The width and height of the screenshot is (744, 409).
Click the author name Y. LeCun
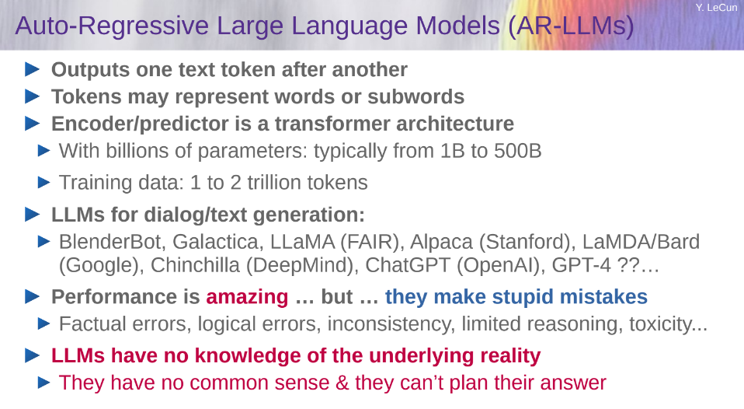[717, 8]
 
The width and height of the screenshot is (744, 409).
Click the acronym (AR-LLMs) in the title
[571, 26]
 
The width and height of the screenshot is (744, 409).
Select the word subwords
[415, 96]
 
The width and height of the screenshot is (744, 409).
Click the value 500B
[517, 151]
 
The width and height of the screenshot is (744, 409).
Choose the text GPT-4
[581, 265]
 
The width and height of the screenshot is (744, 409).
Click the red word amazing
[247, 297]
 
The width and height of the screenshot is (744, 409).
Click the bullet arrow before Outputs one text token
[33, 69]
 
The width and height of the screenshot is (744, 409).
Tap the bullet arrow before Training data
[43, 183]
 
